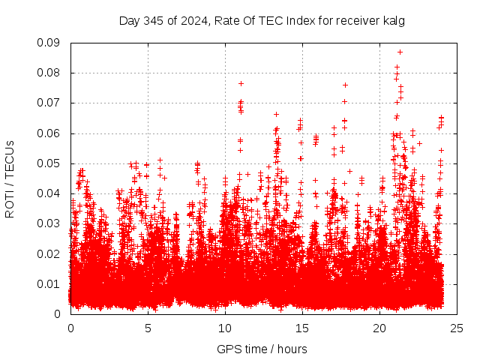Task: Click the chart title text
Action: coord(262,21)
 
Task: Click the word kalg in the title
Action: coord(392,21)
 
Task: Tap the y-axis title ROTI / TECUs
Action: coord(10,178)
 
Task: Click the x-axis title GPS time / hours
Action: coord(262,349)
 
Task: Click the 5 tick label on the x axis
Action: coord(148,328)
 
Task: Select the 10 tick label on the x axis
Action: coord(225,328)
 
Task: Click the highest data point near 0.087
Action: coord(400,52)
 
